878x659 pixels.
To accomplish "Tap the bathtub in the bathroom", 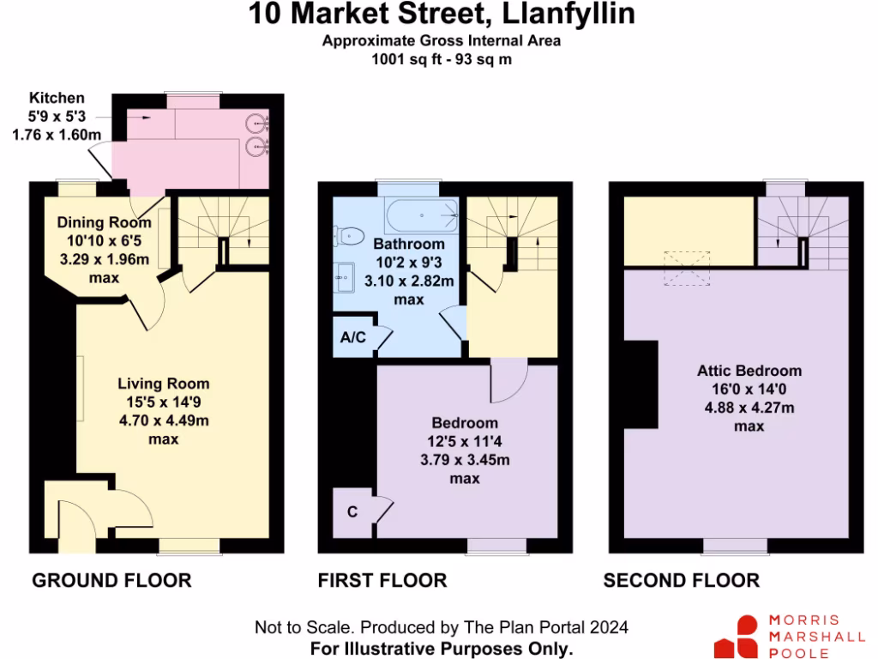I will coord(421,216).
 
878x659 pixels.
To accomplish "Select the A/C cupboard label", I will coord(353,337).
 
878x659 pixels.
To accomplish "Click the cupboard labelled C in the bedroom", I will coord(352,512).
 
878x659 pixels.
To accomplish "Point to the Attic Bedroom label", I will coord(749,371).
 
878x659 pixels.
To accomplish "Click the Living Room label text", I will coord(163,384).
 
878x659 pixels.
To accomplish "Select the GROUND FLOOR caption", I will coord(111,581).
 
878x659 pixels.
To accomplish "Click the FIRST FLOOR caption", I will coord(382,581).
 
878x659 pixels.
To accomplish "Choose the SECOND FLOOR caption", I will coord(682,581).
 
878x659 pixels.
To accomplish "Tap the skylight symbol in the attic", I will coord(687,266).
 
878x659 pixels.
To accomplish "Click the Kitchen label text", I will coord(57,98).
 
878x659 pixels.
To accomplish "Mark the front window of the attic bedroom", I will coord(736,545).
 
